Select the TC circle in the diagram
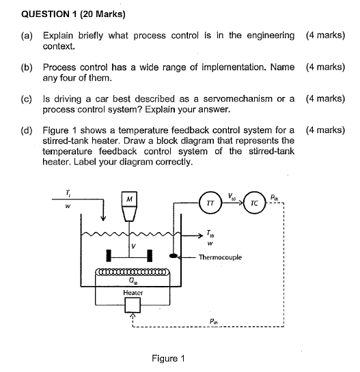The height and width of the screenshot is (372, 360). click(253, 203)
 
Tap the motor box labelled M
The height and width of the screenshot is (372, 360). click(130, 199)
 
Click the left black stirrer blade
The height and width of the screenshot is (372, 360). click(109, 257)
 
